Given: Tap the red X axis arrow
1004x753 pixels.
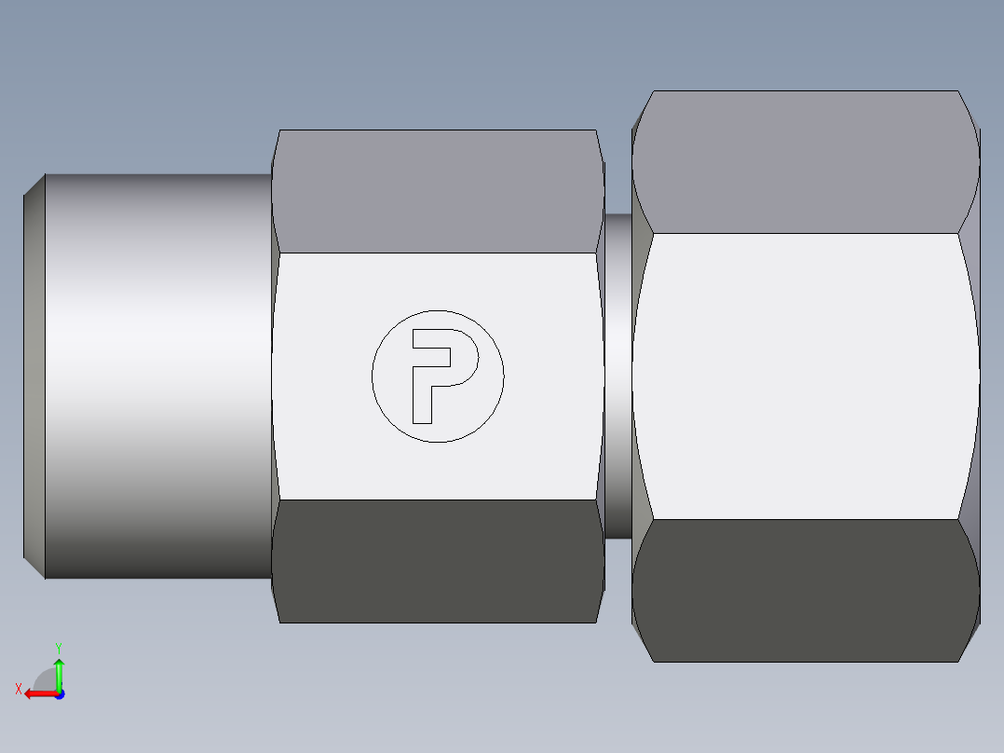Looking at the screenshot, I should pyautogui.click(x=35, y=693).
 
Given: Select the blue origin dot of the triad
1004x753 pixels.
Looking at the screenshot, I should pyautogui.click(x=59, y=693).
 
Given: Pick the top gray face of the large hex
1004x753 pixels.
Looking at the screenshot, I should pyautogui.click(x=806, y=163).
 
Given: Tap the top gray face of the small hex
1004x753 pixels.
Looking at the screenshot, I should pyautogui.click(x=438, y=191).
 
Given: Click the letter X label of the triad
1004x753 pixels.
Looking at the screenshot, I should pyautogui.click(x=18, y=690).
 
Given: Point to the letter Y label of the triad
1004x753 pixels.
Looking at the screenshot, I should pyautogui.click(x=58, y=647).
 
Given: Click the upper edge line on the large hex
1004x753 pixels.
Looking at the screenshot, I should pyautogui.click(x=806, y=233).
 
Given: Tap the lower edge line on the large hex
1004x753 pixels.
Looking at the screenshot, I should pyautogui.click(x=806, y=519).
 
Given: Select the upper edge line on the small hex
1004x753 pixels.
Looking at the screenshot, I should pyautogui.click(x=438, y=253).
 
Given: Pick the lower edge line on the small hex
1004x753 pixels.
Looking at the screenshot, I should pyautogui.click(x=438, y=500).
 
